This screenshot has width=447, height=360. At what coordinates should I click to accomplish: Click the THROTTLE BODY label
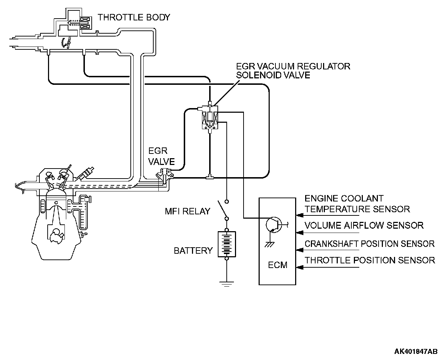click(x=134, y=18)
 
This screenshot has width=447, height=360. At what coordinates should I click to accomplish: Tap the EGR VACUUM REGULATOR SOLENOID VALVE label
click(x=293, y=71)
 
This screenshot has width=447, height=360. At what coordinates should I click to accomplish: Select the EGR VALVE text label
click(x=162, y=156)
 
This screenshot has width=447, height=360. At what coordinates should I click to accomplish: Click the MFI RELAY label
click(x=187, y=211)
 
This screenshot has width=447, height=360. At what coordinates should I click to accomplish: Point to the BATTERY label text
click(x=193, y=251)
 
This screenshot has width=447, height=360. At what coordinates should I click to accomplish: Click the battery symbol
click(x=227, y=244)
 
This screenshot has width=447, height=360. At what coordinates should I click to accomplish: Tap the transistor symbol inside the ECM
click(x=274, y=225)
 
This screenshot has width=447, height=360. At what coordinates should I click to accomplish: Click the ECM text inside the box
click(x=278, y=265)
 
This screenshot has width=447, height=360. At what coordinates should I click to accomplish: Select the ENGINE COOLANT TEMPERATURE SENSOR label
click(x=357, y=204)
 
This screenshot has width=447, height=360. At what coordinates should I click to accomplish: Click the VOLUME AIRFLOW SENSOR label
click(x=364, y=225)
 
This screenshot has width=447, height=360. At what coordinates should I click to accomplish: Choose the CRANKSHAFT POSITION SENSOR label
click(x=370, y=244)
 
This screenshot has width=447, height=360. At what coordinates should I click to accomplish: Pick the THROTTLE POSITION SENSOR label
click(x=370, y=260)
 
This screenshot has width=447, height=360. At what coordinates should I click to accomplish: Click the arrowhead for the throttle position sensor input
click(x=299, y=267)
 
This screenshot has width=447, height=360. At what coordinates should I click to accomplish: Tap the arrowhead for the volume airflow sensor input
click(x=299, y=233)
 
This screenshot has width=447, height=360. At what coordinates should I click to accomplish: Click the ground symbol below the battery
click(x=227, y=284)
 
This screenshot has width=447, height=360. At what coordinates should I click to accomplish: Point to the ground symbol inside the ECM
click(x=270, y=244)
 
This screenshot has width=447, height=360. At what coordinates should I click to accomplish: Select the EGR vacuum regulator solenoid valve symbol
click(x=210, y=117)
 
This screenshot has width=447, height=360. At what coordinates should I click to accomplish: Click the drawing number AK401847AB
click(x=415, y=351)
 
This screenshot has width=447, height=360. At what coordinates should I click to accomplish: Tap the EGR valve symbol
click(x=164, y=176)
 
